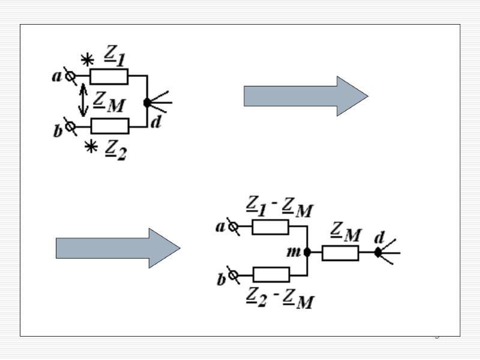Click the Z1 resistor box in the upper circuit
109,76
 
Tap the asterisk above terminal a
88,60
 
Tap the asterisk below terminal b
90,146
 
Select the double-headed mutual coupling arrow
84,100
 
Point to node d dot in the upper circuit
147,103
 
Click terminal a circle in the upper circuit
70,76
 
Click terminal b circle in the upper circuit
71,127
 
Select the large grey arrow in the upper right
305,96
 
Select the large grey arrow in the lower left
118,248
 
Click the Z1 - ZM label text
280,207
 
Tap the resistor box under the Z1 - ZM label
271,227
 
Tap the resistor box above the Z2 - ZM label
271,275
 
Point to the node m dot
307,253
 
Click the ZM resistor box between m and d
340,253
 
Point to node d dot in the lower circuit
378,253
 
